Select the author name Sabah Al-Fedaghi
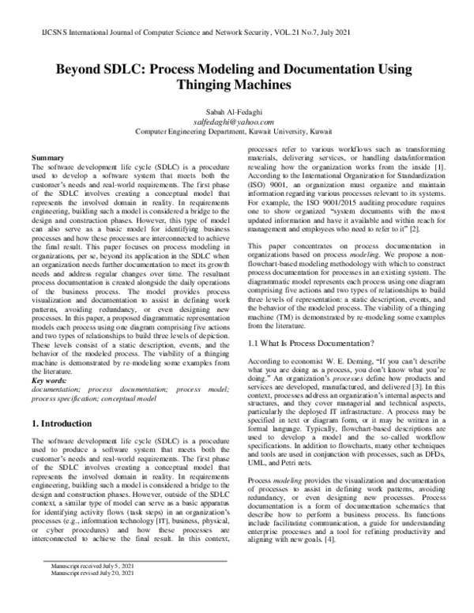pyautogui.click(x=238, y=113)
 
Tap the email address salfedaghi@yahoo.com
pyautogui.click(x=237, y=122)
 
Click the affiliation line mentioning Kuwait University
pyautogui.click(x=237, y=132)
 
